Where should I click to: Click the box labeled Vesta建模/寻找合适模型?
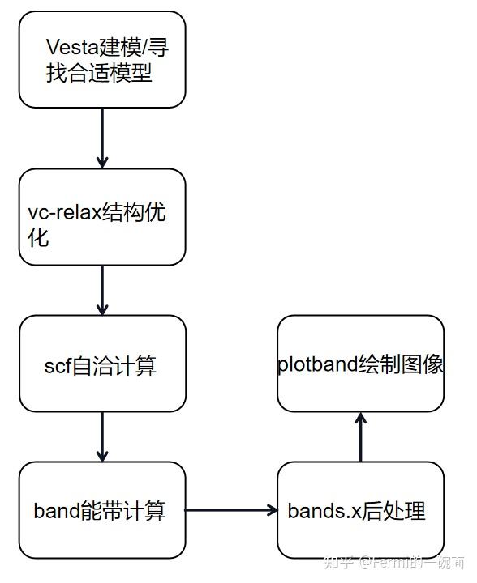[102, 59]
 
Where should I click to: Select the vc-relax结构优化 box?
[102, 216]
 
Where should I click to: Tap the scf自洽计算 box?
[102, 364]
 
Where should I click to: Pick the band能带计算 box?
[102, 510]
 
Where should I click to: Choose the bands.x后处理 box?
[360, 510]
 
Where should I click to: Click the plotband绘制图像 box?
[360, 364]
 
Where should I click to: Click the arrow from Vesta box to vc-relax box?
[102, 138]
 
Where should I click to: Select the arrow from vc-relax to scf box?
[102, 290]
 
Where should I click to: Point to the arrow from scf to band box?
[102, 436]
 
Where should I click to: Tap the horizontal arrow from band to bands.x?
[231, 510]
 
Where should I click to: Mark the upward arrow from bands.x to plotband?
[360, 437]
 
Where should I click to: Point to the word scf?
[58, 366]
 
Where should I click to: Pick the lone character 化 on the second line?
[38, 238]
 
